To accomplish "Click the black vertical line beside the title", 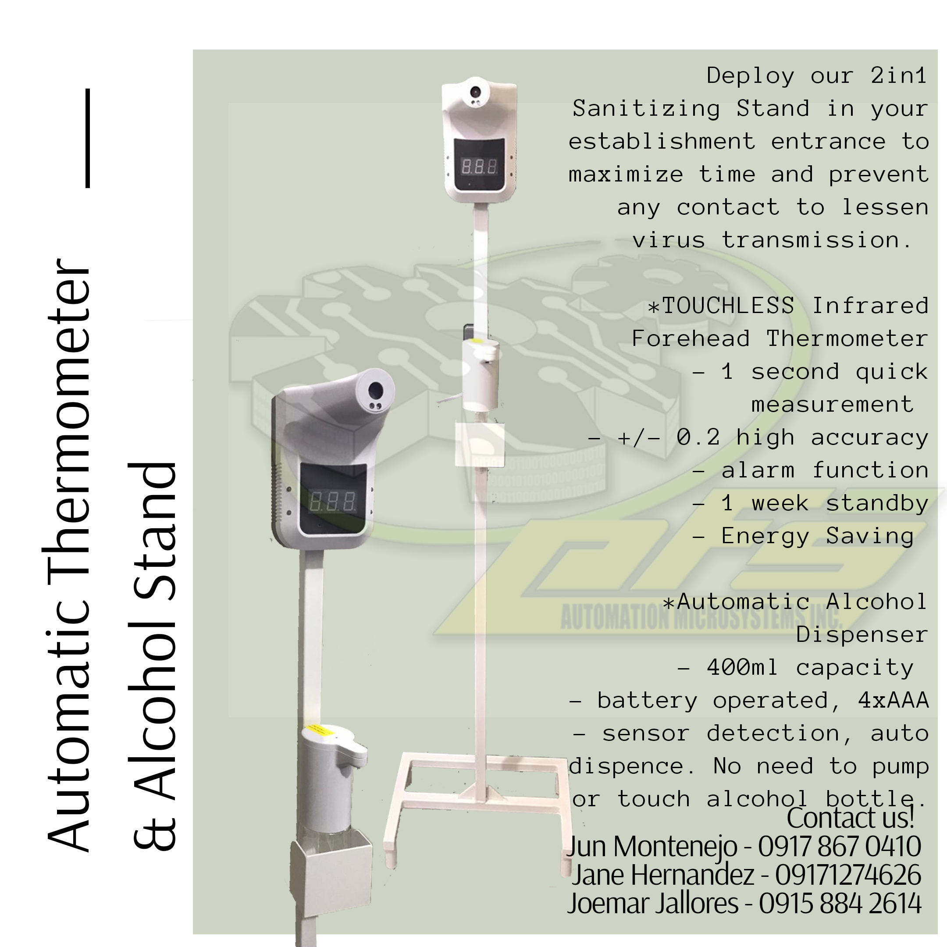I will (88, 138).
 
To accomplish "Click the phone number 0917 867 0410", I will (839, 846).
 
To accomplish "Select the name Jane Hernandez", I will (663, 875).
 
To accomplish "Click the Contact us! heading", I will (851, 817).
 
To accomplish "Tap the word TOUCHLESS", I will (728, 306).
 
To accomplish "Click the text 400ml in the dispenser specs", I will (742, 668).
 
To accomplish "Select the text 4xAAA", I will (893, 701).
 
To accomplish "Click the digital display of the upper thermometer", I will (479, 167).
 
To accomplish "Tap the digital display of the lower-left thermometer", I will (332, 502).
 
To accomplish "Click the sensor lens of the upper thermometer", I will (475, 92).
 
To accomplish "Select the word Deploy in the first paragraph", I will (750, 75).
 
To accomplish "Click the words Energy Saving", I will (818, 536).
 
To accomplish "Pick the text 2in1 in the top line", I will (898, 75).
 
